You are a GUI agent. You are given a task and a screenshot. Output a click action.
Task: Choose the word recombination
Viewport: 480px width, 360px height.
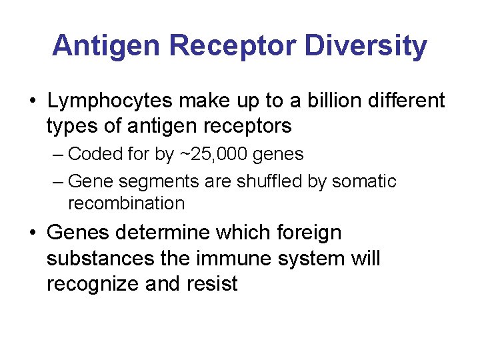click(x=127, y=203)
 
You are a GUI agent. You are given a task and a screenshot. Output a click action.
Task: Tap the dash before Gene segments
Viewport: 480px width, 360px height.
click(x=58, y=181)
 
